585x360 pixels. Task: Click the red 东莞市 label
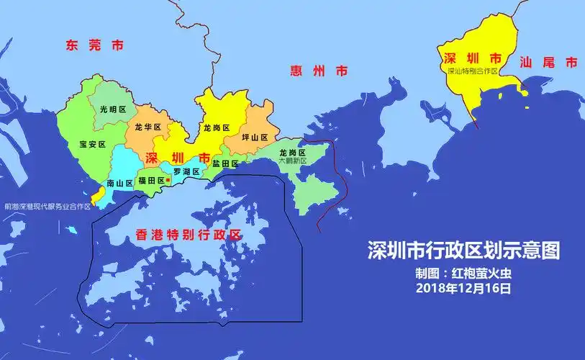click(94, 45)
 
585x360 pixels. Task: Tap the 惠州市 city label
click(319, 71)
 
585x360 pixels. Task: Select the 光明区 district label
click(113, 109)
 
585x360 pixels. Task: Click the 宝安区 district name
click(92, 144)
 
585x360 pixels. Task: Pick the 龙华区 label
click(148, 127)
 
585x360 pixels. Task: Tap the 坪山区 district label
click(254, 137)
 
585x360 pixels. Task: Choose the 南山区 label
click(119, 184)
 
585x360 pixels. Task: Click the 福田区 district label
click(151, 181)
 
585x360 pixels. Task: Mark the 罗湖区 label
click(186, 171)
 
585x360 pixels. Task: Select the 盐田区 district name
click(225, 164)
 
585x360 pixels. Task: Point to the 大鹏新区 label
click(292, 161)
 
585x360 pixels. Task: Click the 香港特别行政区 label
click(188, 235)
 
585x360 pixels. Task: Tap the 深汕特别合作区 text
click(473, 71)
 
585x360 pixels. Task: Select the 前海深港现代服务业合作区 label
click(47, 206)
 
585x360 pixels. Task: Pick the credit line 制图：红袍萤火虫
click(463, 274)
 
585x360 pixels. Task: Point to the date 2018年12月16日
click(463, 289)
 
